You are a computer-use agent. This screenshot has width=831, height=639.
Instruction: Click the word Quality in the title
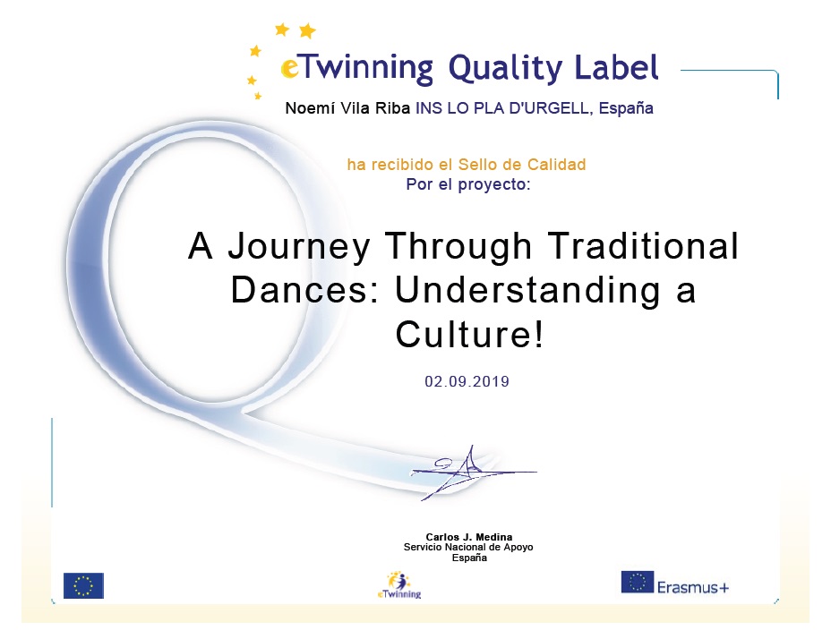pyautogui.click(x=505, y=69)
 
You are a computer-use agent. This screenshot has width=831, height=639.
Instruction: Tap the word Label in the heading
pyautogui.click(x=616, y=67)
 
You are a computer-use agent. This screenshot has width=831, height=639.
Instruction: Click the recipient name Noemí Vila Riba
pyautogui.click(x=347, y=108)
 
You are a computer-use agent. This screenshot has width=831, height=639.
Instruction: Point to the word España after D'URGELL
pyautogui.click(x=626, y=108)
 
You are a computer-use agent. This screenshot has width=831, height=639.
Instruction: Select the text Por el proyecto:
pyautogui.click(x=468, y=184)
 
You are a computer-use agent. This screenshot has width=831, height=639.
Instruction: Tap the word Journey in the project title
pyautogui.click(x=299, y=246)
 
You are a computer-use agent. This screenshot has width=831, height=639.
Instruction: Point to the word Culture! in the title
pyautogui.click(x=469, y=334)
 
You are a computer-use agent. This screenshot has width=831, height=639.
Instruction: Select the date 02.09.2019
pyautogui.click(x=467, y=381)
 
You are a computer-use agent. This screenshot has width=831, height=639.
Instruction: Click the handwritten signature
pyautogui.click(x=471, y=473)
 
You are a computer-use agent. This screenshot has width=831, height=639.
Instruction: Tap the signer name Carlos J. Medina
pyautogui.click(x=469, y=537)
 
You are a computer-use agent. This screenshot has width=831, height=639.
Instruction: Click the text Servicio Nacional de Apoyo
pyautogui.click(x=468, y=547)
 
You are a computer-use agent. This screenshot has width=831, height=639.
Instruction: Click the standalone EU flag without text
pyautogui.click(x=84, y=585)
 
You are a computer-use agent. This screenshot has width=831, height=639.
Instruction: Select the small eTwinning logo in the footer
pyautogui.click(x=399, y=585)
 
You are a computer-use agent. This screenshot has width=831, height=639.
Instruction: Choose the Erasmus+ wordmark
pyautogui.click(x=693, y=587)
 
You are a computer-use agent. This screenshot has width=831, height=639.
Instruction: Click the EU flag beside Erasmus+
pyautogui.click(x=638, y=582)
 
